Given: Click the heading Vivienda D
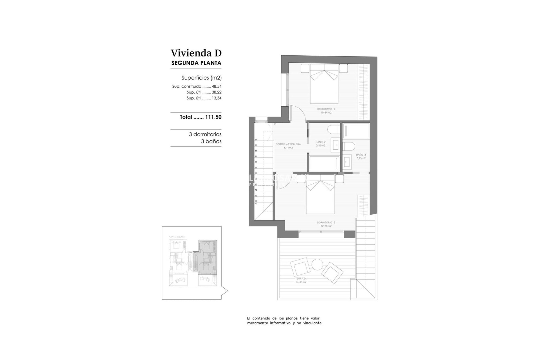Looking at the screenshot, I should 196,53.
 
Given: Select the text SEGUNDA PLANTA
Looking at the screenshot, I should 196,63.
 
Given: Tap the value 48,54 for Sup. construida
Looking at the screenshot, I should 217,86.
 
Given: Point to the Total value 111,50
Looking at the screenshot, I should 213,117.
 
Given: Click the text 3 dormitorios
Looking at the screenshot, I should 205,134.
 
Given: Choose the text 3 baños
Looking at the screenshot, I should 211,141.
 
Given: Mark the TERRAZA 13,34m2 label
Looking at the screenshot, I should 301,280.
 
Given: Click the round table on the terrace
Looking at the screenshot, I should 317,264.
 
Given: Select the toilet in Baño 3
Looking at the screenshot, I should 349,147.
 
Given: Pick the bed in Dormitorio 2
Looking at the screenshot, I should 324,86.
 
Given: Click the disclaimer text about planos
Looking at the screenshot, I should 285,321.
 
